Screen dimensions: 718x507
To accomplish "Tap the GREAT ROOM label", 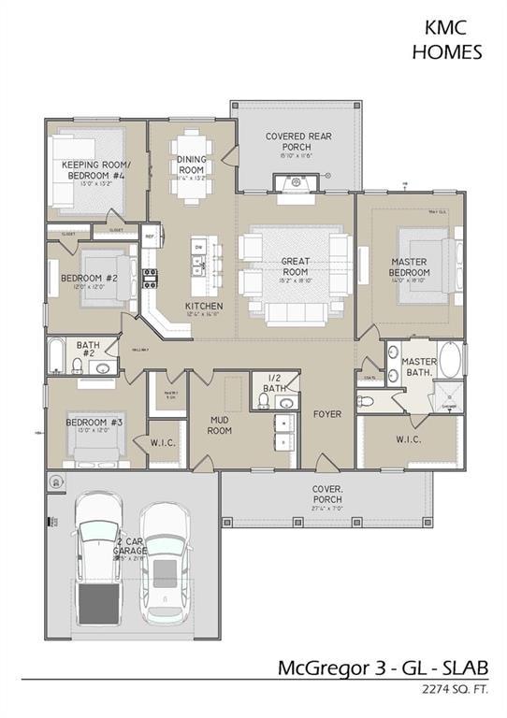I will point(296,267).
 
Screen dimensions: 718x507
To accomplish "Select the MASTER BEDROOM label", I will point(409,266).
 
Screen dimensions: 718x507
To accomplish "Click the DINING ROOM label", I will point(191,165).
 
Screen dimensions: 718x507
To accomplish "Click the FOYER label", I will point(326,412).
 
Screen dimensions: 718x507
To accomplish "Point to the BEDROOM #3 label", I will point(94,423).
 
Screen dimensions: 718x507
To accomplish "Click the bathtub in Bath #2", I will point(58,356).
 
